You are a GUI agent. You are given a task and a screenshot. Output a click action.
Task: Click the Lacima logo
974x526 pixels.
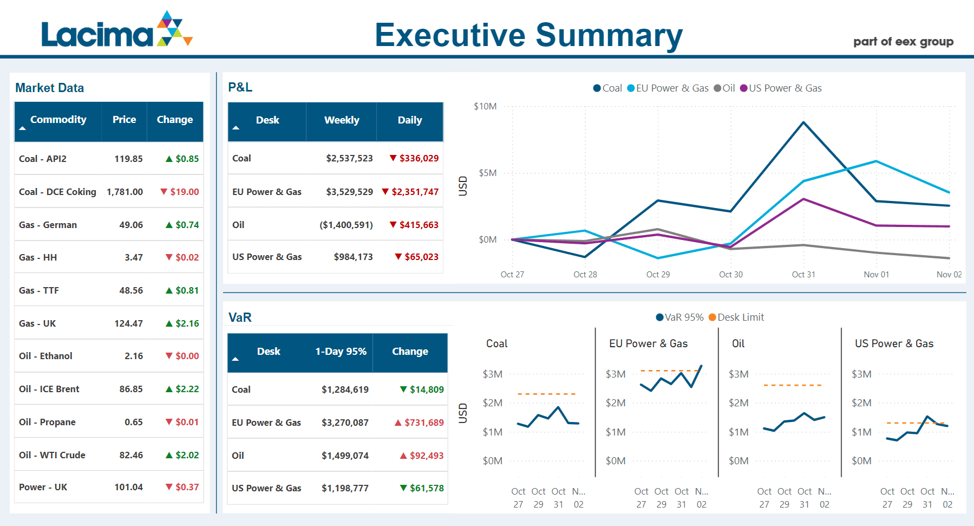click(116, 30)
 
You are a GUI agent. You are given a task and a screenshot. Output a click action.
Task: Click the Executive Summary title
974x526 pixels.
click(528, 35)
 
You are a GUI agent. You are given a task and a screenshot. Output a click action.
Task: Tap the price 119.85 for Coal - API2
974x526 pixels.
click(128, 159)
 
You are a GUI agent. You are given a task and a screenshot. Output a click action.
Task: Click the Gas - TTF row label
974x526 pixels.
click(39, 290)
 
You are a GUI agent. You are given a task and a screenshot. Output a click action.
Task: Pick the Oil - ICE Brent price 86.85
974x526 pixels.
click(131, 389)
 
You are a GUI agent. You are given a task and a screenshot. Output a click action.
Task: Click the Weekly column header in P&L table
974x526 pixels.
click(342, 120)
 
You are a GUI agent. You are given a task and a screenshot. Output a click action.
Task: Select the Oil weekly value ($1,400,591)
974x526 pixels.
click(346, 225)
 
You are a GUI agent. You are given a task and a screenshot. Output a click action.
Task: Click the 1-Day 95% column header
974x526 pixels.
click(341, 352)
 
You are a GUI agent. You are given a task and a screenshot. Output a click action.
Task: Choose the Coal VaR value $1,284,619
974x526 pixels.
click(345, 389)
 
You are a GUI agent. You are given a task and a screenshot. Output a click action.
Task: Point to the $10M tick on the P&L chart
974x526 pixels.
click(485, 106)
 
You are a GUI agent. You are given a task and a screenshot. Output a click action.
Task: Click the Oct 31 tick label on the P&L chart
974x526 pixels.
click(803, 275)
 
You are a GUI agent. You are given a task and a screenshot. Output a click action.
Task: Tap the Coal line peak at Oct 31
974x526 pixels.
click(803, 122)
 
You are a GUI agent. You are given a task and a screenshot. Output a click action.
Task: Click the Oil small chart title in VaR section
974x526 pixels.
click(738, 343)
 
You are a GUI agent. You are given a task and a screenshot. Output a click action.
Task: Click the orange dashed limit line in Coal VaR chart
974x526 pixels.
click(547, 394)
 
